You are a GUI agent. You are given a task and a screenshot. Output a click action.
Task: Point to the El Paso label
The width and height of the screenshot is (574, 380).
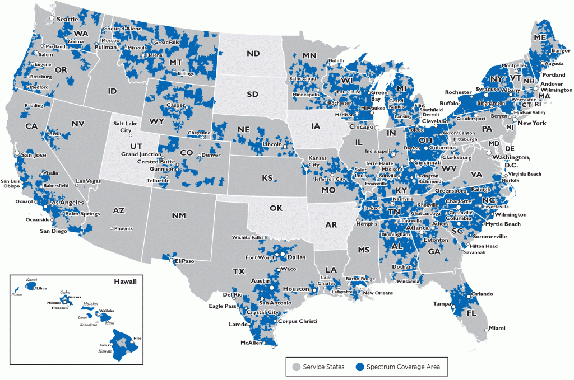coord(184,261)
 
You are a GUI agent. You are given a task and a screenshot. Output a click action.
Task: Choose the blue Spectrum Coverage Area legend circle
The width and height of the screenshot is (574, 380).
coord(360,367)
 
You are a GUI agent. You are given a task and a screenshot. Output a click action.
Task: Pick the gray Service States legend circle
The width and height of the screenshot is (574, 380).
coord(296,367)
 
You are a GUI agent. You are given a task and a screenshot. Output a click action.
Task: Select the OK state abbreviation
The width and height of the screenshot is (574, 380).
coord(275,208)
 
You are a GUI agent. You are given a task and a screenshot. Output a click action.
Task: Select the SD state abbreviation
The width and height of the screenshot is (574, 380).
coord(252,94)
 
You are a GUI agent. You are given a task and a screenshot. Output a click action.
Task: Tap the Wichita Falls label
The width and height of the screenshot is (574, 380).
coord(248,237)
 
